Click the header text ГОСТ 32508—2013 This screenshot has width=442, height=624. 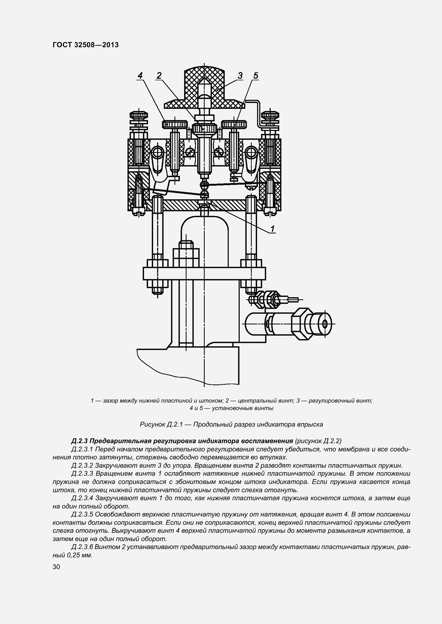[x=86, y=45]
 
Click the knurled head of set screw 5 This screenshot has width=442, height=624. [x=234, y=124]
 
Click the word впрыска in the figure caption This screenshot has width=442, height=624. [x=312, y=424]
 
